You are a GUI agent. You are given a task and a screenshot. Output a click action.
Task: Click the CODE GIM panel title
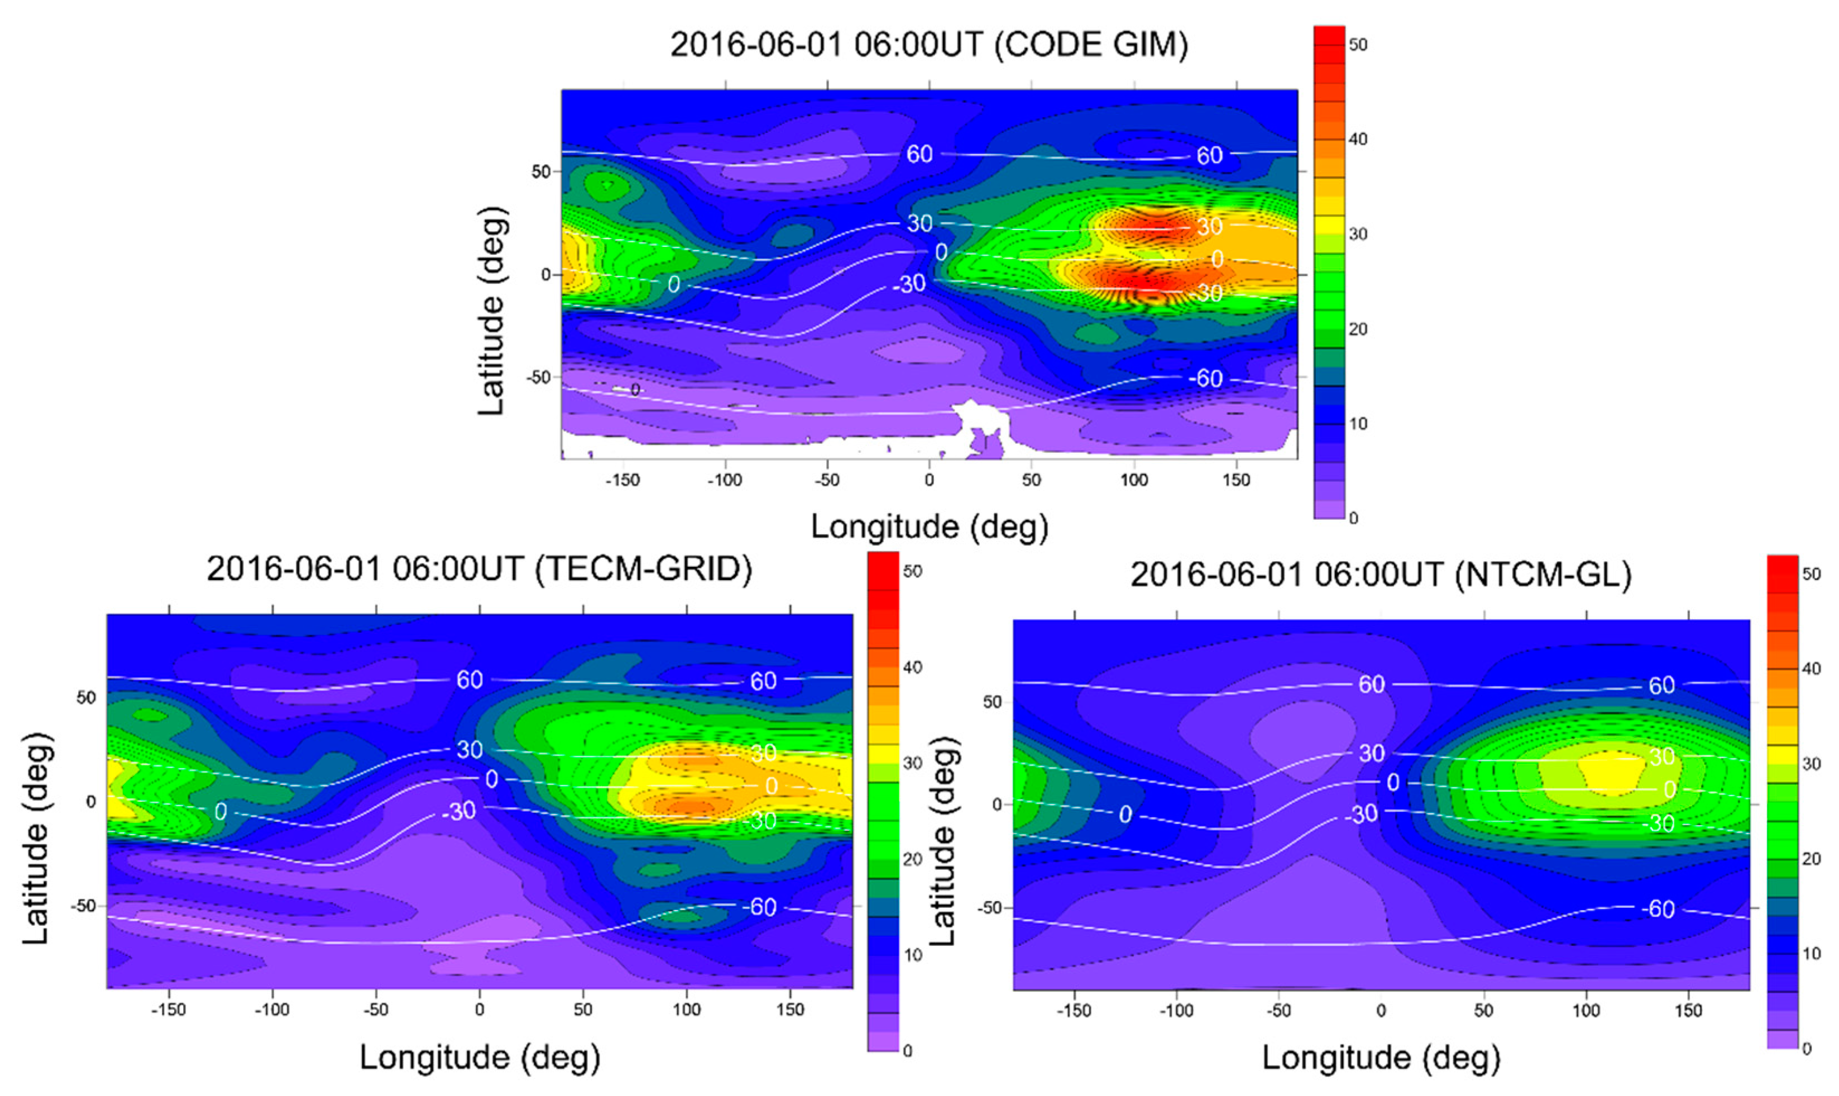pyautogui.click(x=929, y=46)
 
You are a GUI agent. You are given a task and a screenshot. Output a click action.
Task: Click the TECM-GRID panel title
pyautogui.click(x=479, y=569)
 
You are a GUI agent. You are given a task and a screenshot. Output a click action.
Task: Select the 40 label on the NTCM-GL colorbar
pyautogui.click(x=1811, y=669)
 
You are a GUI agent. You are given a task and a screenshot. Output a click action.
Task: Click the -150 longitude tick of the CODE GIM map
pyautogui.click(x=622, y=481)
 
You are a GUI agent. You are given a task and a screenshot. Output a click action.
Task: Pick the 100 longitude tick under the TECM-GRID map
pyautogui.click(x=687, y=1009)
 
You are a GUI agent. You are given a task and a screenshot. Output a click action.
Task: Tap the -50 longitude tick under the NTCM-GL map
pyautogui.click(x=1278, y=1011)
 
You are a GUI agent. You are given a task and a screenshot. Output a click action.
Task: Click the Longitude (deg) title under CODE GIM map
pyautogui.click(x=929, y=527)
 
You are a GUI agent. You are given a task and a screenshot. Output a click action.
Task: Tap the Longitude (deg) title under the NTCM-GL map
pyautogui.click(x=1381, y=1057)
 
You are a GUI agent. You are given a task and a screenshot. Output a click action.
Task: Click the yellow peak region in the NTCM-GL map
pyautogui.click(x=1610, y=774)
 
